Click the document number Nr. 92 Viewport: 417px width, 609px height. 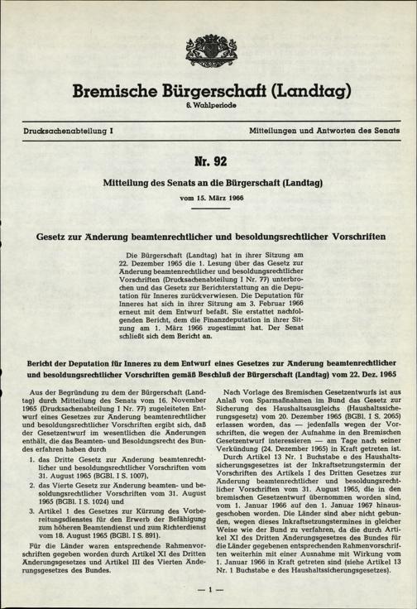pyautogui.click(x=208, y=159)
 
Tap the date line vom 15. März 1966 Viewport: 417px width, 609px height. pyautogui.click(x=208, y=199)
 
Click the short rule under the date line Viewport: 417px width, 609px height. pyautogui.click(x=208, y=209)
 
